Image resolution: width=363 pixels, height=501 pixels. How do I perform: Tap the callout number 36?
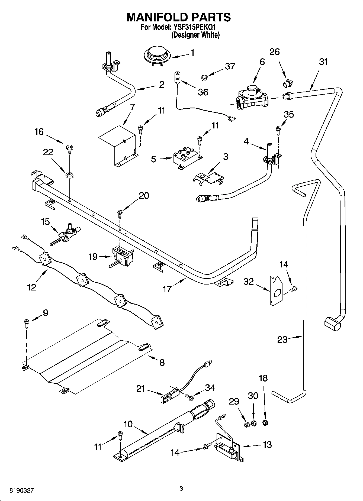(x=203, y=92)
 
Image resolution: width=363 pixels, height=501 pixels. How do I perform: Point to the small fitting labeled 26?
(x=287, y=83)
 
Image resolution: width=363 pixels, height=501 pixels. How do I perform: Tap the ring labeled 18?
(x=265, y=422)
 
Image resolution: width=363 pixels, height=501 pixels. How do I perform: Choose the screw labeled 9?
(x=27, y=323)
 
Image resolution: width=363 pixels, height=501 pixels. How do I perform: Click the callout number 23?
(x=282, y=340)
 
